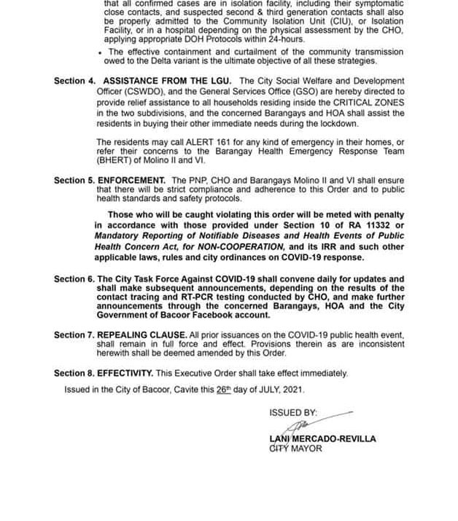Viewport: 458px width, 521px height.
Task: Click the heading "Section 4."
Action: click(74, 80)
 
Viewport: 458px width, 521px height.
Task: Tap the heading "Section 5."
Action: click(74, 180)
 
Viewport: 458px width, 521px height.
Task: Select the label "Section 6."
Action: click(74, 279)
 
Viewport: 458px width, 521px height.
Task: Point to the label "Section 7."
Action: click(74, 335)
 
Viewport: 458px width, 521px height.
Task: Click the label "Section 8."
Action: click(74, 373)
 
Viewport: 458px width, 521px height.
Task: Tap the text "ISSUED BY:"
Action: click(293, 412)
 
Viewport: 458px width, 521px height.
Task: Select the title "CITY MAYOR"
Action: click(295, 449)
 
